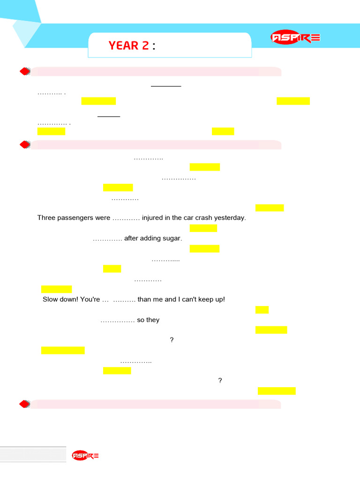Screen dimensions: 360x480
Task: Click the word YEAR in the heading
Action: (124, 45)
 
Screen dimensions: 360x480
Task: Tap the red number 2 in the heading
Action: (145, 45)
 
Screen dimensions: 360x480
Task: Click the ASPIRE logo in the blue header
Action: (295, 37)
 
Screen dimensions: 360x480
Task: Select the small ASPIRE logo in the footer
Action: (85, 456)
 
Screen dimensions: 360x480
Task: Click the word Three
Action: (45, 217)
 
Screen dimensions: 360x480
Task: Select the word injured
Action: (152, 218)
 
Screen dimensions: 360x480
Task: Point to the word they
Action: (153, 320)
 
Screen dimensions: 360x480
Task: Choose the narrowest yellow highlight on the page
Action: (262, 310)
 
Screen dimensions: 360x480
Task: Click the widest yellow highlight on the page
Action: (63, 351)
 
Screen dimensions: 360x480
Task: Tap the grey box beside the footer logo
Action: (33, 454)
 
